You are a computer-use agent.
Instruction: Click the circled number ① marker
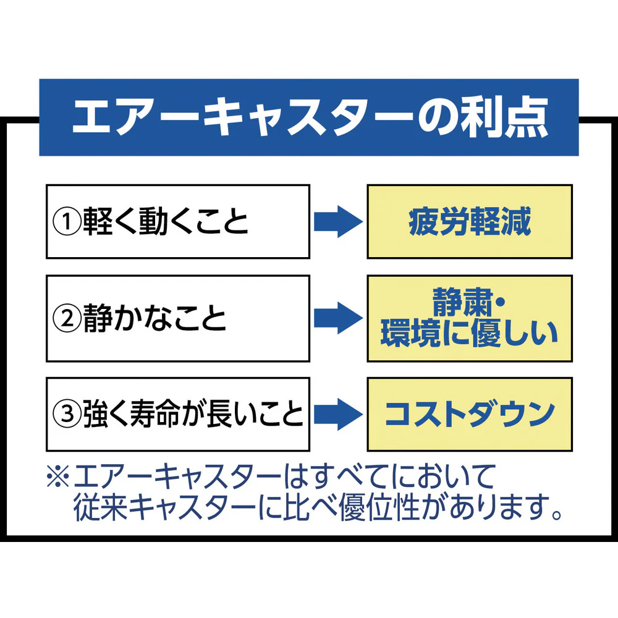pos(67,222)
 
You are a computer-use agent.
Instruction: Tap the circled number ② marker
pos(67,318)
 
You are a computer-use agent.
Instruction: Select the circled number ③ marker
pos(67,414)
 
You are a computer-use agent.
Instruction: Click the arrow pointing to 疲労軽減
pos(339,221)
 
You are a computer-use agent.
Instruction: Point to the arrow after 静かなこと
pos(339,318)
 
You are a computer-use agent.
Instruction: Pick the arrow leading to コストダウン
pos(339,414)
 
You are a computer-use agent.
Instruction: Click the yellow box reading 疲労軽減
pos(470,221)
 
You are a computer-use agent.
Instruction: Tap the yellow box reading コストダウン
pos(470,414)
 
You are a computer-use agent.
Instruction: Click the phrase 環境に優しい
pos(470,334)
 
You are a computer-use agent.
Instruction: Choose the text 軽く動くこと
pos(166,222)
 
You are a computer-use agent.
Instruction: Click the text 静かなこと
pos(154,318)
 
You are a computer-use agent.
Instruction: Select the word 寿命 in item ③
pos(156,414)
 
